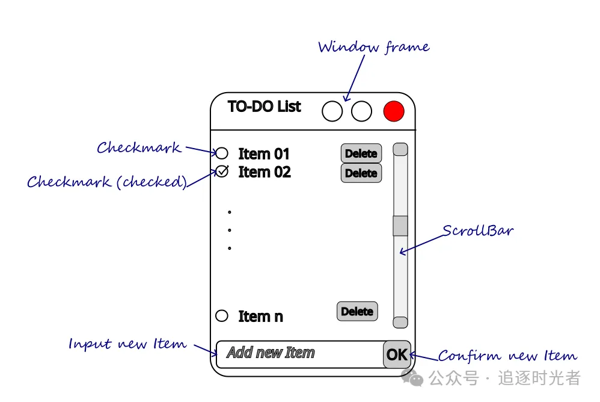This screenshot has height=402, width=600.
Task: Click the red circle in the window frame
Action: pos(394,111)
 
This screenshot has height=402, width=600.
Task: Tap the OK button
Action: pos(397,354)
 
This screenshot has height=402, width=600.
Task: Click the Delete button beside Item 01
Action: pos(361,153)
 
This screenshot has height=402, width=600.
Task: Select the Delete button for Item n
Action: pos(357,311)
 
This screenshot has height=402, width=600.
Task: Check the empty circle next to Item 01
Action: pos(222,153)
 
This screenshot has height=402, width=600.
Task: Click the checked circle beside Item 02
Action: pos(222,172)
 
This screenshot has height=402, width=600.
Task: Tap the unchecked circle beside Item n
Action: pos(222,315)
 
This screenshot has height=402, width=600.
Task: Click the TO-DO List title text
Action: pos(265,107)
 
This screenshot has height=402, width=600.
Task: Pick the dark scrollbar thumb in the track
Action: pos(400,226)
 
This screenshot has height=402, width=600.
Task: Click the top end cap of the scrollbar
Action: pos(400,149)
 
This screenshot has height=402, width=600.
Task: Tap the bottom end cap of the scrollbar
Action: pos(400,323)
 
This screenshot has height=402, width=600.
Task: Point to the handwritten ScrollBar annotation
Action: pos(478,231)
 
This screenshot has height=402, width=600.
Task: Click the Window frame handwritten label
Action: pos(373,47)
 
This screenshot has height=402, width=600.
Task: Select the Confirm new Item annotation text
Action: pos(507,356)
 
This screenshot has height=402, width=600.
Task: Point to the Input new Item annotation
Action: pos(127,344)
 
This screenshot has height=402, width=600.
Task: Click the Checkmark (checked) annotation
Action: pos(107,182)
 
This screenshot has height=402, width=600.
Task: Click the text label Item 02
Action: pos(265,172)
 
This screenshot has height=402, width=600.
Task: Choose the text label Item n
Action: pos(260,317)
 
